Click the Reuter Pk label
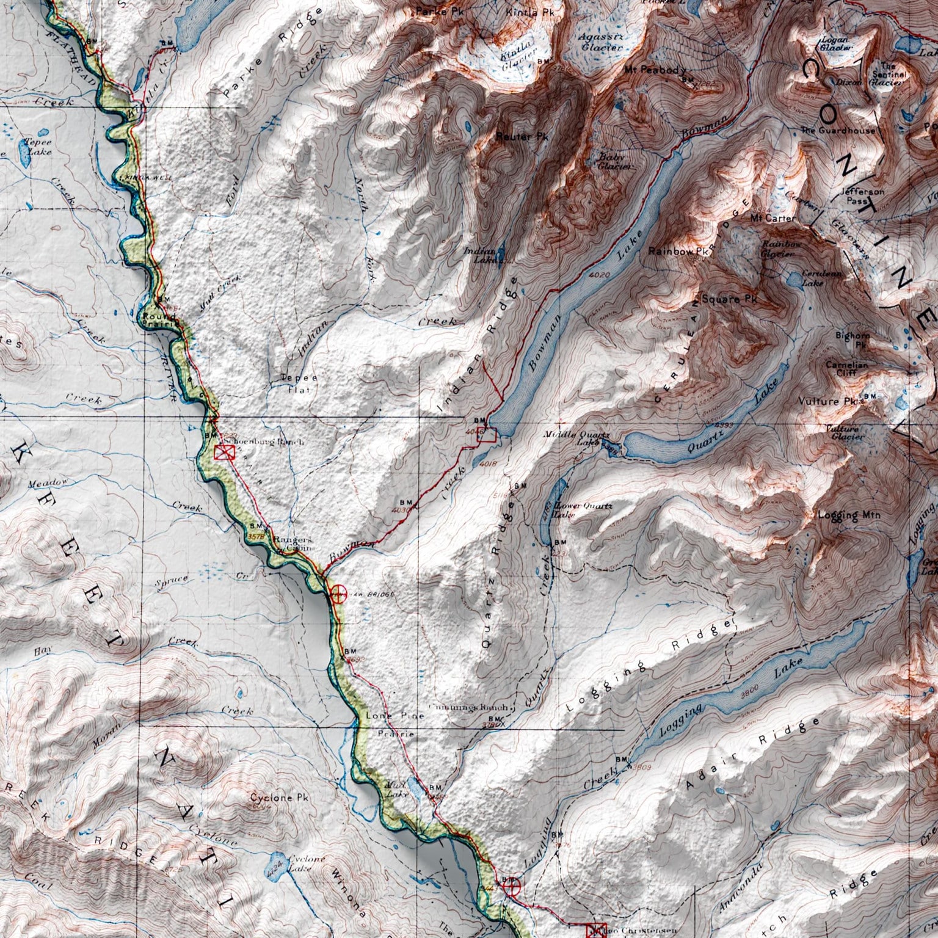(x=522, y=137)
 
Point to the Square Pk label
(x=729, y=299)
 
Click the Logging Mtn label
(x=849, y=515)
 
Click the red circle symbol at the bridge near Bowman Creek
(x=338, y=592)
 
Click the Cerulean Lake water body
(x=794, y=280)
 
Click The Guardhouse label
(x=837, y=131)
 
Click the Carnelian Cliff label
(x=846, y=368)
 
